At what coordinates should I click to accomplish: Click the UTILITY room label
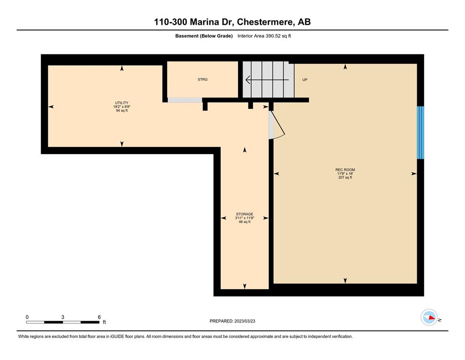(122, 103)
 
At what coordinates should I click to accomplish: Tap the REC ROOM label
(345, 170)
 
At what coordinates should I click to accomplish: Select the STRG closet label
(203, 80)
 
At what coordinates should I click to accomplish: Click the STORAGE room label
(244, 214)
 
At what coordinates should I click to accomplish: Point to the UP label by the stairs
(304, 80)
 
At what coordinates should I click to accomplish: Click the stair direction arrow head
(248, 80)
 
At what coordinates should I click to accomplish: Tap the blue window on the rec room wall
(420, 133)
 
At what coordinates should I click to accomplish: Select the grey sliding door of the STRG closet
(185, 100)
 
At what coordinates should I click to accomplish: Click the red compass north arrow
(432, 317)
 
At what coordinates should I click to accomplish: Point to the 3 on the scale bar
(63, 317)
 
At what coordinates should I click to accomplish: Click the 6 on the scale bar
(99, 317)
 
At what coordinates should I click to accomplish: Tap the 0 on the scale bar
(27, 317)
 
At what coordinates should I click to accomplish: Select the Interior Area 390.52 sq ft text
(264, 36)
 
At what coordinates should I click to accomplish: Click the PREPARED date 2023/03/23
(244, 321)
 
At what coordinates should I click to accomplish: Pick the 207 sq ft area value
(345, 178)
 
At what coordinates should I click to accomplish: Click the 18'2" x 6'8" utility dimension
(122, 106)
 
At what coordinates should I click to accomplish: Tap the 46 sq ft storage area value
(244, 222)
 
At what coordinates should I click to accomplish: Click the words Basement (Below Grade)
(204, 36)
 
